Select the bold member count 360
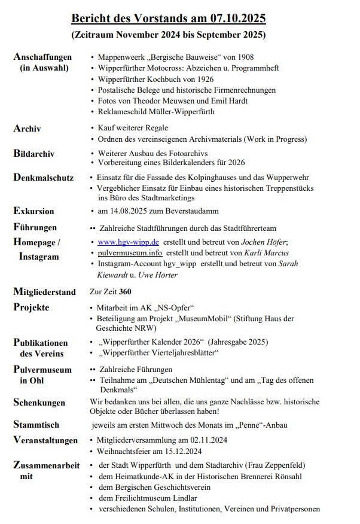[x=125, y=292]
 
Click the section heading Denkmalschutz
[x=44, y=178]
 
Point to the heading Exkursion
[x=33, y=211]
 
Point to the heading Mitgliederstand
[x=45, y=292]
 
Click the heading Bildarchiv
[x=34, y=154]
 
